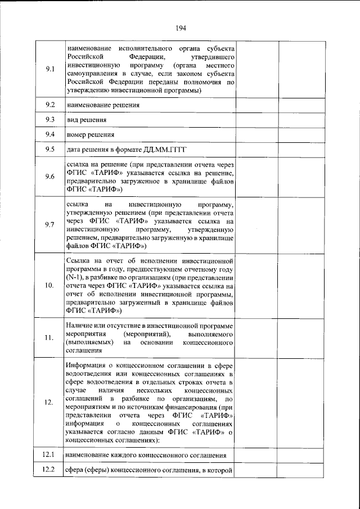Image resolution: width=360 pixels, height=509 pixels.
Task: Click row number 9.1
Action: click(49, 69)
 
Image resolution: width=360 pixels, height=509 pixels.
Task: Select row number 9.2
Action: click(49, 105)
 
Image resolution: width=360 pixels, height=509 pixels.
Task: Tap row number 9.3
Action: click(49, 120)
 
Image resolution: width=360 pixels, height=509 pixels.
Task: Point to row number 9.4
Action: click(49, 134)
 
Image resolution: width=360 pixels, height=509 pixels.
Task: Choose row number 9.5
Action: click(49, 149)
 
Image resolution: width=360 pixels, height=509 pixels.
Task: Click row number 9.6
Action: click(49, 177)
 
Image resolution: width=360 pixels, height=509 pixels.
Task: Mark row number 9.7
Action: click(49, 225)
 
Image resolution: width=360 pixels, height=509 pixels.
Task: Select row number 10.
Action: click(49, 286)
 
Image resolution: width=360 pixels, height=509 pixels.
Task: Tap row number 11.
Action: click(49, 337)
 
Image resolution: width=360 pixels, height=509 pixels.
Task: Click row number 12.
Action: click(49, 402)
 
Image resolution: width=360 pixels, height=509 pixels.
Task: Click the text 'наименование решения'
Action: click(103, 105)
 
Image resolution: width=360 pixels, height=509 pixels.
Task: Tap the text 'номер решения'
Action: click(90, 135)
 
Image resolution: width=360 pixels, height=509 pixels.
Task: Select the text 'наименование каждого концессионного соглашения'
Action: click(146, 455)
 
